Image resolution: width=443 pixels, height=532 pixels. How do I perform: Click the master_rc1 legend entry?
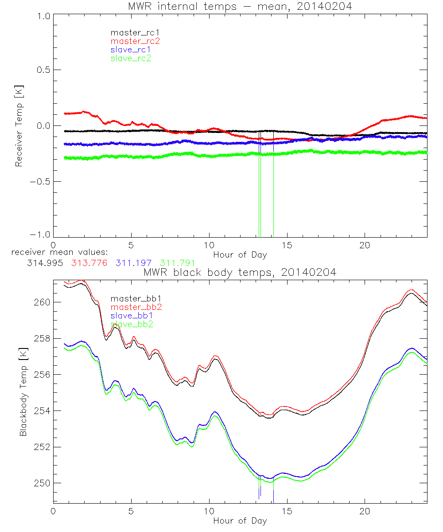131,32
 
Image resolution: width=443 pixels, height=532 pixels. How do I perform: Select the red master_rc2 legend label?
135,41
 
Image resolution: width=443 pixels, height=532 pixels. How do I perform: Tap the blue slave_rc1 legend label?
131,50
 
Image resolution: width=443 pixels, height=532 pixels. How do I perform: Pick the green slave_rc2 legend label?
131,58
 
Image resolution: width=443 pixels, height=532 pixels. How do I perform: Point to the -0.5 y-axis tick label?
40,182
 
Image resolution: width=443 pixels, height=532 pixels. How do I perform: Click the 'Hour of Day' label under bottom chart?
240,520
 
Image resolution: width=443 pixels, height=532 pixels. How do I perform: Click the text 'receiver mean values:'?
56,252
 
